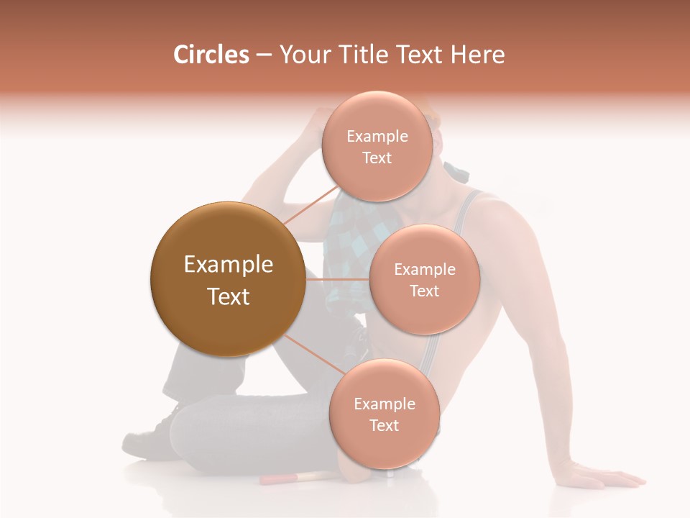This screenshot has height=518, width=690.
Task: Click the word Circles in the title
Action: tap(211, 55)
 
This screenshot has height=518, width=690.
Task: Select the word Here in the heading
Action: tap(477, 55)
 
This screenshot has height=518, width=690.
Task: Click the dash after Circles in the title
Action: tap(264, 55)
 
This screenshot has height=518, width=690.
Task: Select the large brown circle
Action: tap(228, 279)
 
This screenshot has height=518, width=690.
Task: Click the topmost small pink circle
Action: tap(377, 147)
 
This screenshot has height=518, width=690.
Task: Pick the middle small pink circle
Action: tap(424, 280)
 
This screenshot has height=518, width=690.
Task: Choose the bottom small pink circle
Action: tap(384, 414)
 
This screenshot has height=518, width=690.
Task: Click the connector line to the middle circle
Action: tap(337, 279)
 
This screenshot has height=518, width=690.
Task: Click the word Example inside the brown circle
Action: tap(229, 265)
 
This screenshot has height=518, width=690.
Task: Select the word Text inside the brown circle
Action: tap(229, 296)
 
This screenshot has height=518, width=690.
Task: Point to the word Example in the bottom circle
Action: tap(384, 404)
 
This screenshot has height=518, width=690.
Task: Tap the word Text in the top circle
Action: tap(377, 158)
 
